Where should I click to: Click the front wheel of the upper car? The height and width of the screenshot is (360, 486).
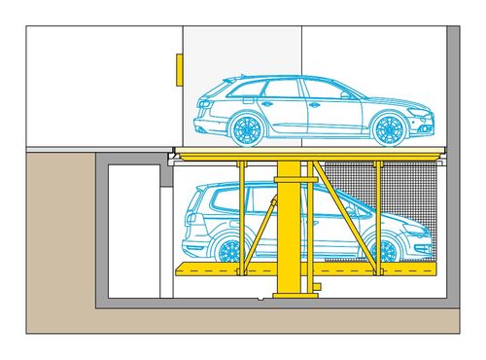coord(390,127)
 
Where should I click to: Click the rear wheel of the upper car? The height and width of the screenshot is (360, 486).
coord(247,127)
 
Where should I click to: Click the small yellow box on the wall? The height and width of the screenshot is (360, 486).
coord(179,70)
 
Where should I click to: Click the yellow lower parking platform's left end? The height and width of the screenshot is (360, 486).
coord(185,269)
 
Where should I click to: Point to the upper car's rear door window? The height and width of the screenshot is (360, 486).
coord(282,90)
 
